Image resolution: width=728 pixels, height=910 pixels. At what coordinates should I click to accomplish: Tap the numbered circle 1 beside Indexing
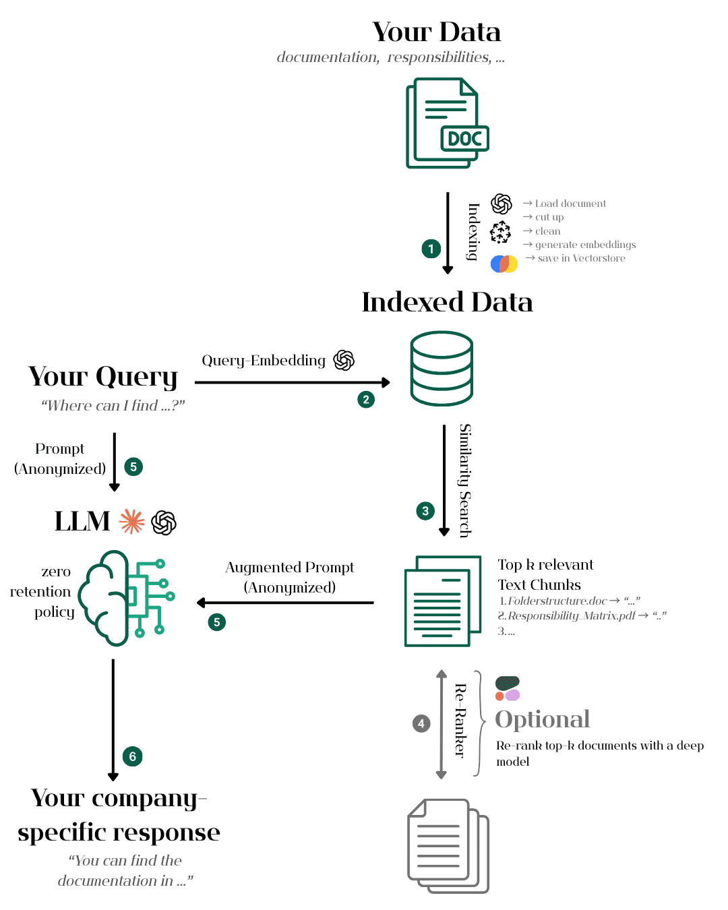tap(431, 249)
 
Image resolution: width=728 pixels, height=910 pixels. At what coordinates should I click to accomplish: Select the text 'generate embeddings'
tap(585, 245)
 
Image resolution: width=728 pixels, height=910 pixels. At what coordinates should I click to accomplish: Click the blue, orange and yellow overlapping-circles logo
tap(504, 264)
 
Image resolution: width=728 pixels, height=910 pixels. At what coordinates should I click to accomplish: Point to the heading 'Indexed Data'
tap(447, 302)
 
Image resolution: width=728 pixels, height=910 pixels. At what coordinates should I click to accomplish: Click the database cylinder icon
tap(442, 368)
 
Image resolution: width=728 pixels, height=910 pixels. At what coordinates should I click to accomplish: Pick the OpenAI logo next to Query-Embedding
tap(344, 360)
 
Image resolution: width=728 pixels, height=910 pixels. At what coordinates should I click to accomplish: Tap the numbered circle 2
tap(366, 400)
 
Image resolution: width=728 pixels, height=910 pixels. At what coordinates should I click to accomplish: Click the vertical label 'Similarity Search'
tap(465, 481)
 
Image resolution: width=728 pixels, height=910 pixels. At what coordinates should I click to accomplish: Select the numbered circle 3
tap(425, 511)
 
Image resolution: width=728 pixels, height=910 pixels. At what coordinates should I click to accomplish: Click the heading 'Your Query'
tap(103, 377)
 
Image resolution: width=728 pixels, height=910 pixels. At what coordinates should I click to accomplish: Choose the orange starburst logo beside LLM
tap(132, 521)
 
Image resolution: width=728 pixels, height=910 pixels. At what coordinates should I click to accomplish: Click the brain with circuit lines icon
tap(127, 598)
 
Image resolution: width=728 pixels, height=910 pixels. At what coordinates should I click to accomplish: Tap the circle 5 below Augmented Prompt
tap(217, 622)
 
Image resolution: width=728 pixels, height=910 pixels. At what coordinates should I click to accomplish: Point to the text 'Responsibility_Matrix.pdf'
tap(571, 615)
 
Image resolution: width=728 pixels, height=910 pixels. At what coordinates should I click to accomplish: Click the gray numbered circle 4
tap(421, 724)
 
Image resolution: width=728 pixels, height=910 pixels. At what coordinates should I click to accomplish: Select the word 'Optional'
tap(542, 719)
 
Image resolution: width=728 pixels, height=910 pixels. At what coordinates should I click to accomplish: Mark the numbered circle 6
tap(133, 756)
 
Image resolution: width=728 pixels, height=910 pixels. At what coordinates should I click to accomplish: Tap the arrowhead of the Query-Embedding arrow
tap(386, 382)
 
